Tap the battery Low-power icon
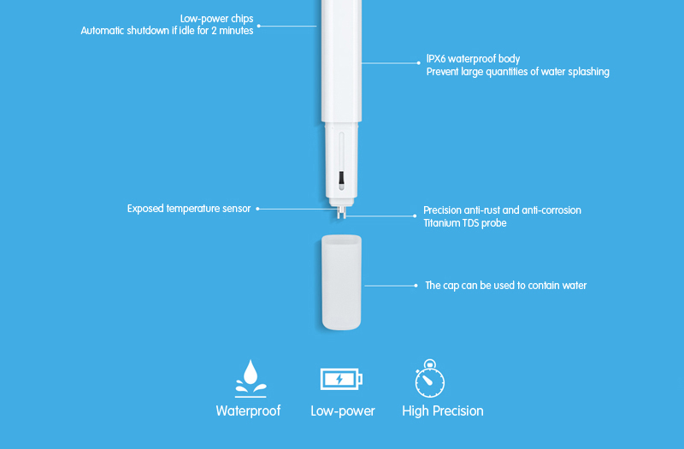(x=341, y=378)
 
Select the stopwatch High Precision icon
(x=429, y=380)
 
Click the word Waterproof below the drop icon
(x=248, y=411)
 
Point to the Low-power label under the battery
(x=342, y=411)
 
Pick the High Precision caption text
(x=443, y=411)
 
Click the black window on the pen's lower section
(x=340, y=179)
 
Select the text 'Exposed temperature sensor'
(x=189, y=208)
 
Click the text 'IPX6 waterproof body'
(x=473, y=59)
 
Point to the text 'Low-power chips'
(x=217, y=19)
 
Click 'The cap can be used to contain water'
(x=505, y=286)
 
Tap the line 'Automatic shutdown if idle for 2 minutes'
(x=167, y=31)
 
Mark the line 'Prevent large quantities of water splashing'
(x=517, y=72)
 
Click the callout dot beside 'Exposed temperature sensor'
(x=257, y=208)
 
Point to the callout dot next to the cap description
(x=417, y=286)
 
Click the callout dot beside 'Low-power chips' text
(x=259, y=26)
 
